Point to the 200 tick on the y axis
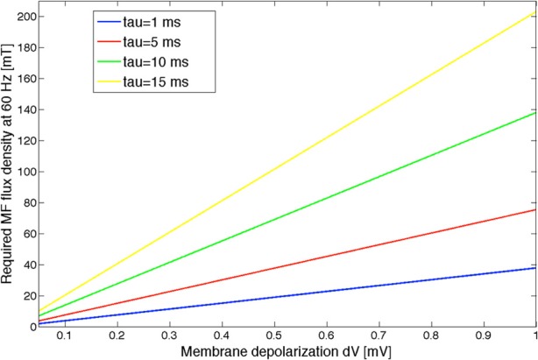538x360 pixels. click(x=22, y=18)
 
